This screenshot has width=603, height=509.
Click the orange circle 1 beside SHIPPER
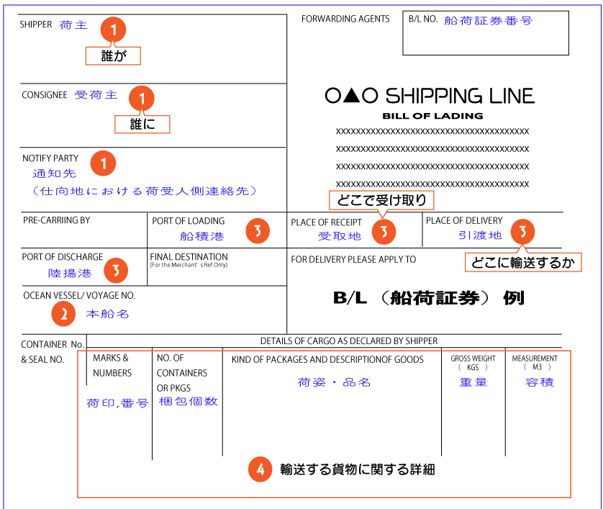tap(113, 30)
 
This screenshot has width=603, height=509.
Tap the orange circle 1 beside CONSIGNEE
tap(142, 98)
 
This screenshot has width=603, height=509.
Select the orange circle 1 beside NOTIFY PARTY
tap(103, 163)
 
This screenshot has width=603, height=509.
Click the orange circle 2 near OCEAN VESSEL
tap(63, 314)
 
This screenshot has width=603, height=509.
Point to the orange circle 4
tap(260, 469)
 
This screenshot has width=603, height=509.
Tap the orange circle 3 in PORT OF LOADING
tap(258, 231)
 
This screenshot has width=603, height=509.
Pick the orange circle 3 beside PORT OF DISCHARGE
tap(116, 271)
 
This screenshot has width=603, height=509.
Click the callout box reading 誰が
tap(113, 55)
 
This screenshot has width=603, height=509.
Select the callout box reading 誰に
tap(142, 124)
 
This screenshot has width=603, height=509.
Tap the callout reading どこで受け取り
tap(381, 200)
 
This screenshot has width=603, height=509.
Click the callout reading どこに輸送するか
tap(523, 262)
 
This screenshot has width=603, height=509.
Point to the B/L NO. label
tap(423, 19)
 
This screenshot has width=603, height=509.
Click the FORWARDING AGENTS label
tap(345, 19)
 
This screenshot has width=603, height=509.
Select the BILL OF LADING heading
tap(432, 116)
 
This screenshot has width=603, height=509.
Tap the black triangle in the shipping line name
tap(351, 96)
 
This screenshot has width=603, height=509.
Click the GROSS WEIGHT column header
tap(473, 362)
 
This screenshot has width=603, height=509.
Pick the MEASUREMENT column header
tap(535, 362)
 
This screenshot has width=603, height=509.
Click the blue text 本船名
tap(107, 314)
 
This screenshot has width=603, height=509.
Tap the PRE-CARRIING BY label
tap(57, 220)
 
